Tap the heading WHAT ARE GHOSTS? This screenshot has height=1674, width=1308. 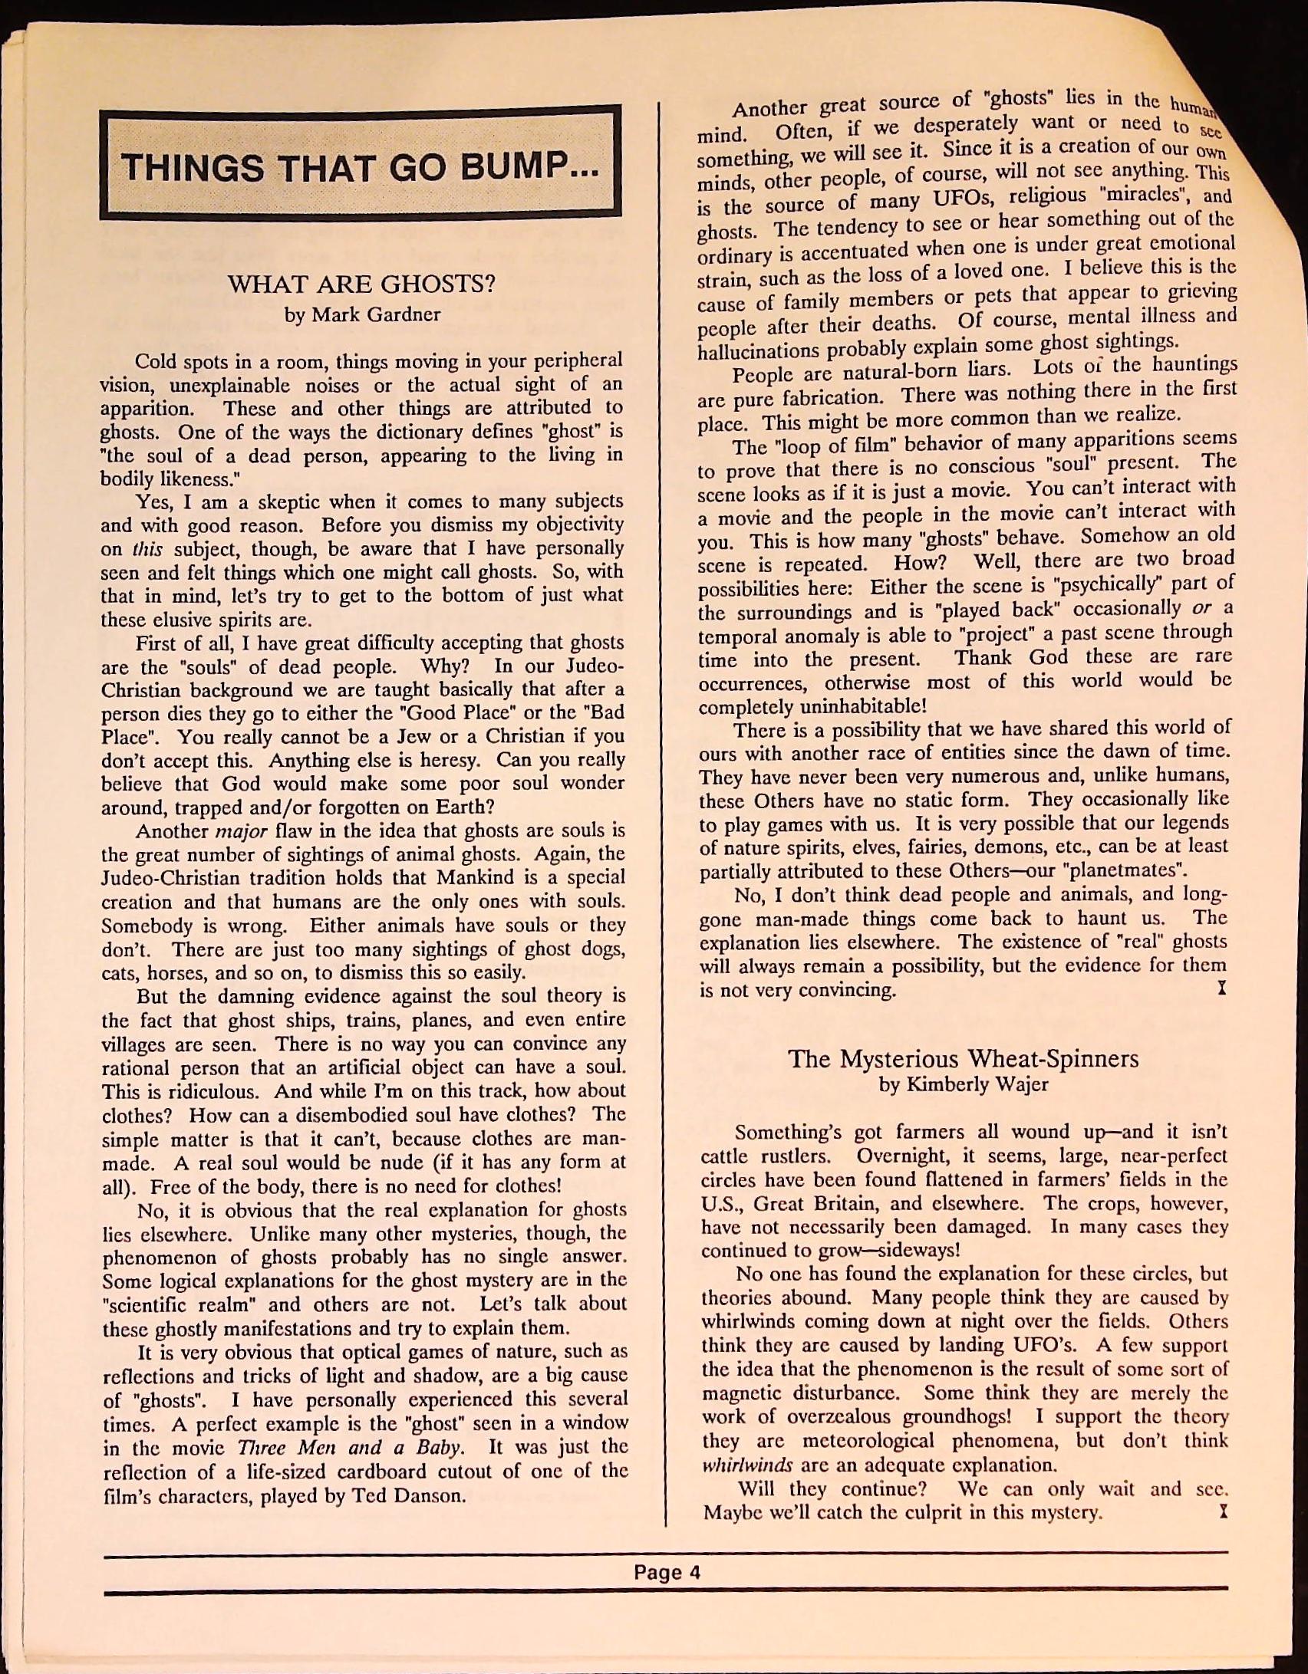361,284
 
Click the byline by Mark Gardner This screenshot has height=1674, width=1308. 362,315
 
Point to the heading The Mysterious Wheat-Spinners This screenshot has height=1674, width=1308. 963,1059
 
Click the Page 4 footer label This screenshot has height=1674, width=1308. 667,1573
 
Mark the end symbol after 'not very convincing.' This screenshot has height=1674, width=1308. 1221,989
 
